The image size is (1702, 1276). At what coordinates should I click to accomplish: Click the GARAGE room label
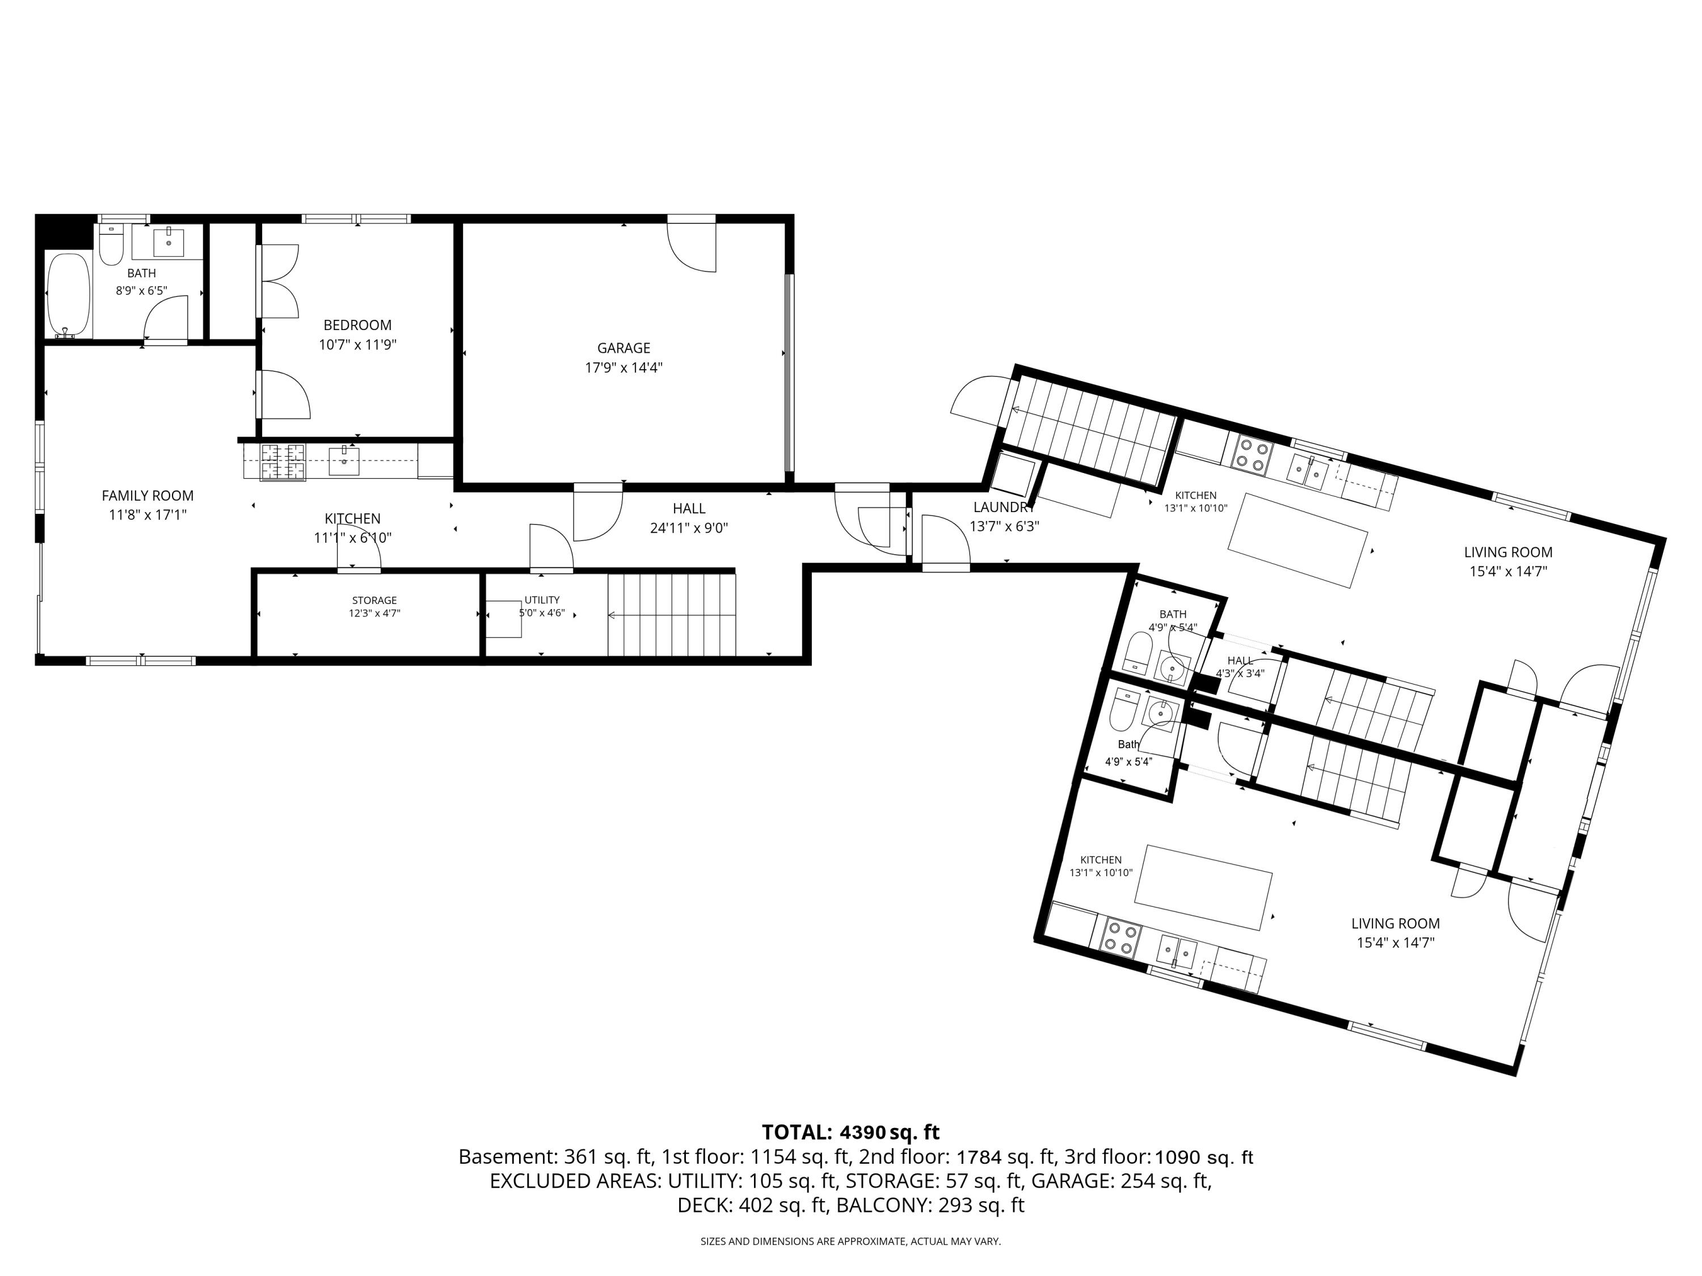pos(623,348)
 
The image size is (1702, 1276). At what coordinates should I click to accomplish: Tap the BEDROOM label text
pos(357,326)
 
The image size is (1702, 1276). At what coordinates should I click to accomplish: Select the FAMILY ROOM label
pos(148,496)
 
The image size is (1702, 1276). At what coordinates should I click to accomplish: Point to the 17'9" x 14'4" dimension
pos(623,367)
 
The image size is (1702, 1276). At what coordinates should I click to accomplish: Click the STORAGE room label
pos(374,601)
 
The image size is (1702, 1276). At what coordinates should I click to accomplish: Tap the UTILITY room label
pos(542,600)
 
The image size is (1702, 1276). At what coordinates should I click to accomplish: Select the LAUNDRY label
pos(1004,508)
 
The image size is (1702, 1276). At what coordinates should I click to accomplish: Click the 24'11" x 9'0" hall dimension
pos(689,529)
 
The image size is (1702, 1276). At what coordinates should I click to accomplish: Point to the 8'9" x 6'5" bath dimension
pos(142,291)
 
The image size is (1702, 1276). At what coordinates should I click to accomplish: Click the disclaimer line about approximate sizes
pos(850,1241)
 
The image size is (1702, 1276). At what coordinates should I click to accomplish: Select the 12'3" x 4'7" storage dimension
pos(374,613)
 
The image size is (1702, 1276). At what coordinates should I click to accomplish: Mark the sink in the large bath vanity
pos(168,242)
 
